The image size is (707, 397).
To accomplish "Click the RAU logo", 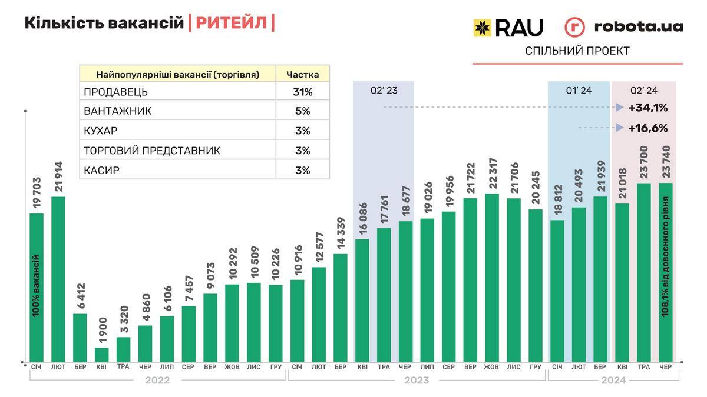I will click(x=508, y=27).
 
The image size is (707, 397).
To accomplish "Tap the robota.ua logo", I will click(x=624, y=27).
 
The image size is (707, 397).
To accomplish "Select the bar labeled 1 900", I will click(x=101, y=355).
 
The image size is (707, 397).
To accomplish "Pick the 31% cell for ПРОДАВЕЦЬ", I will click(x=303, y=92).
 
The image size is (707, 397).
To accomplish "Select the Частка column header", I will click(x=303, y=74).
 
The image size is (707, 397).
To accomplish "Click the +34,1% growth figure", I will click(x=647, y=108).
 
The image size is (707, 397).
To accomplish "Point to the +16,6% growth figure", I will click(x=647, y=128).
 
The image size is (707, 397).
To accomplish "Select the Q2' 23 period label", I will click(x=384, y=91).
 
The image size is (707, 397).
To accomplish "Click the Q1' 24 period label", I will click(x=579, y=91).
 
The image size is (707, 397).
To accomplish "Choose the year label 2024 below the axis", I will click(x=613, y=381).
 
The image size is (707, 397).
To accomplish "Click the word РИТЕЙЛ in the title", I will click(x=232, y=24).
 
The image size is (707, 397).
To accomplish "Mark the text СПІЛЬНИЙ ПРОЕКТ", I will click(x=577, y=51).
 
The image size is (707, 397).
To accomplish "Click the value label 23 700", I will click(x=643, y=162).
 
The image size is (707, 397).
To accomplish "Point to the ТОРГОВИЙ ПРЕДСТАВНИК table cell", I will click(x=152, y=151).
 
